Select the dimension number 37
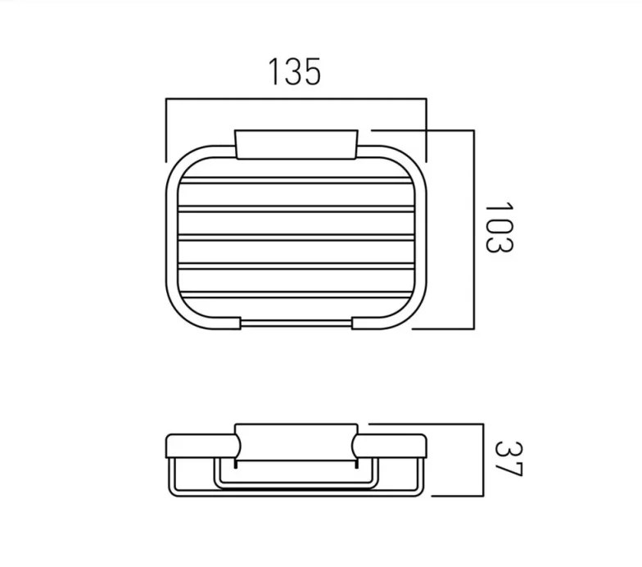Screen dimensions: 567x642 pos(507,459)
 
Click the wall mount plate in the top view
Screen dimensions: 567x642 pos(296,143)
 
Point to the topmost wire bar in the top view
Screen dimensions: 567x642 pos(296,179)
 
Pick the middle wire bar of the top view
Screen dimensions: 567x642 pos(296,238)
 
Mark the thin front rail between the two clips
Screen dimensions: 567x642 pos(296,322)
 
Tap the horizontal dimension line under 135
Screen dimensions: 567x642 pos(296,99)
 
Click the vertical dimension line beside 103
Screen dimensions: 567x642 pos(474,229)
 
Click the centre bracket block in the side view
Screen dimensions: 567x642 pos(296,442)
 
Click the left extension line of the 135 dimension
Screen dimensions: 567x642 pos(167,131)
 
